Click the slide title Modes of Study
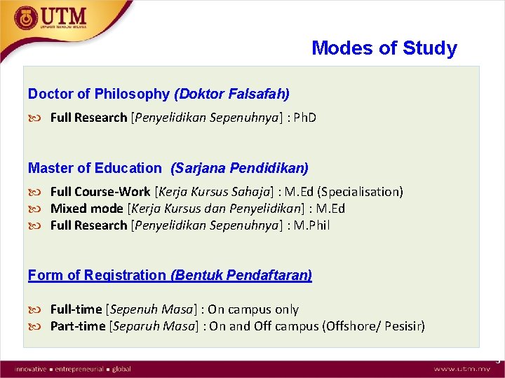pyautogui.click(x=384, y=48)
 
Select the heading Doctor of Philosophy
pyautogui.click(x=98, y=94)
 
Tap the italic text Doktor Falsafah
pyautogui.click(x=231, y=94)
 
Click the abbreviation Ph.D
pyautogui.click(x=304, y=118)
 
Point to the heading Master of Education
pyautogui.click(x=95, y=168)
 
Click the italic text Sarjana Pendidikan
pyautogui.click(x=239, y=168)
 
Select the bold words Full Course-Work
pyautogui.click(x=100, y=192)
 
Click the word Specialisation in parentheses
pyautogui.click(x=366, y=192)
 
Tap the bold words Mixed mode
pyautogui.click(x=87, y=209)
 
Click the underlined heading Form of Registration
pyautogui.click(x=97, y=275)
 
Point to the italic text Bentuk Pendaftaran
pyautogui.click(x=241, y=275)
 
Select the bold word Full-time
pyautogui.click(x=76, y=309)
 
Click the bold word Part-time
pyautogui.click(x=77, y=326)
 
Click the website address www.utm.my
pyautogui.click(x=462, y=369)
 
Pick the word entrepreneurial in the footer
pyautogui.click(x=80, y=369)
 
